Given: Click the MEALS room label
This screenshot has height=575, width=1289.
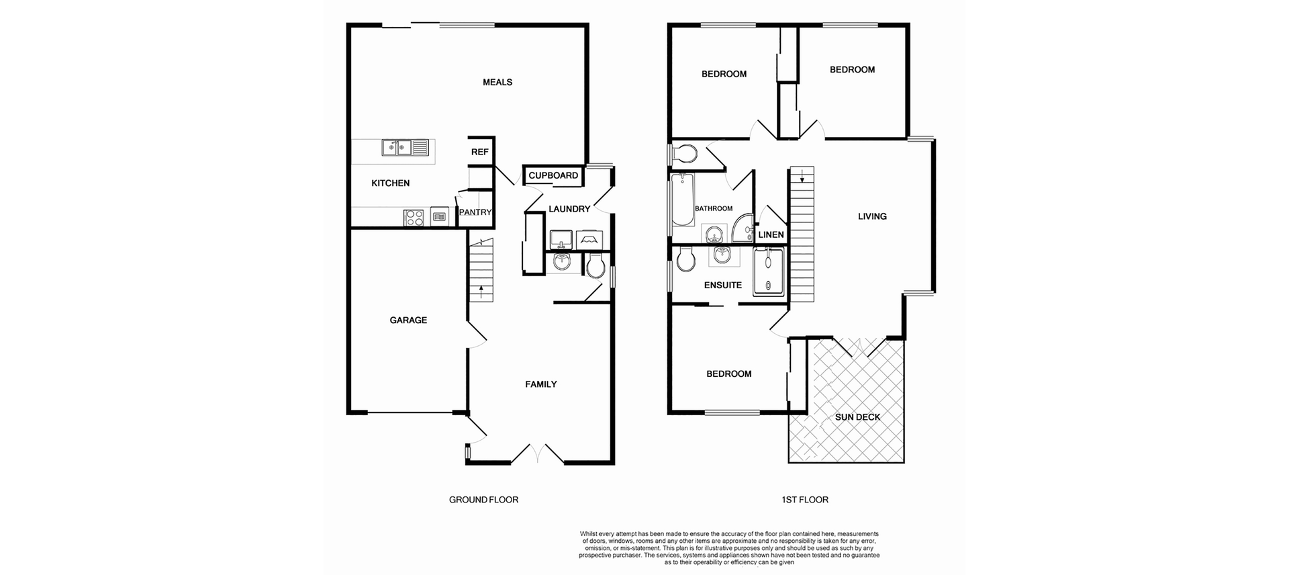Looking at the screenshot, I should coord(497,83).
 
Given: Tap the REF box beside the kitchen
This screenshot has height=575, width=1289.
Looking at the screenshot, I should coord(480,152).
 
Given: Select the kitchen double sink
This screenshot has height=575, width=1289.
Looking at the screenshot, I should coord(397,147).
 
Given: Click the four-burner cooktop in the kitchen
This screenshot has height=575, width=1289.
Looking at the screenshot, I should coord(414,218).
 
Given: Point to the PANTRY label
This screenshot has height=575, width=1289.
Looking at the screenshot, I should coord(475,212).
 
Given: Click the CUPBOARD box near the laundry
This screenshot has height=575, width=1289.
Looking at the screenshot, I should coord(553,176).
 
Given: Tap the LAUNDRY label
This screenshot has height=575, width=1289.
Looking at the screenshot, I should coord(569,209).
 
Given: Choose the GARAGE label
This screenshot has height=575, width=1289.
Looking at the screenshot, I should coord(408,320).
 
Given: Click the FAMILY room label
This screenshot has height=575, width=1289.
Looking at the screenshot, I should coord(541,384).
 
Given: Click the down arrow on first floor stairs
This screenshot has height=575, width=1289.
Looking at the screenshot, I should coord(802,177).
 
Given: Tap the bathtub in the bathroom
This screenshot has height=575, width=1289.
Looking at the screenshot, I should coord(682,200).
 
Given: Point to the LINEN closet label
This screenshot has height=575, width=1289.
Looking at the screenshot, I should coord(771,235).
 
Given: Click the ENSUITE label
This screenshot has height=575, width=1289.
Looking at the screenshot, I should coord(723,285).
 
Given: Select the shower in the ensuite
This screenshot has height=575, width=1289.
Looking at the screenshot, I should coord(769,271).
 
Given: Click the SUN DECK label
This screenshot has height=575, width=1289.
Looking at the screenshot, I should coord(857,417).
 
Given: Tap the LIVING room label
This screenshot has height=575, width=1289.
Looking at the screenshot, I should coord(872,216).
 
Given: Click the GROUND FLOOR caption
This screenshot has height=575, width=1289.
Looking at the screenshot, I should coord(483,500).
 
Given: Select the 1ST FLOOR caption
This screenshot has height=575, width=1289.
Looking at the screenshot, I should coord(805,500).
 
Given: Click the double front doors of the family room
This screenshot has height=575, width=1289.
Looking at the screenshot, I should coord(537,454).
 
